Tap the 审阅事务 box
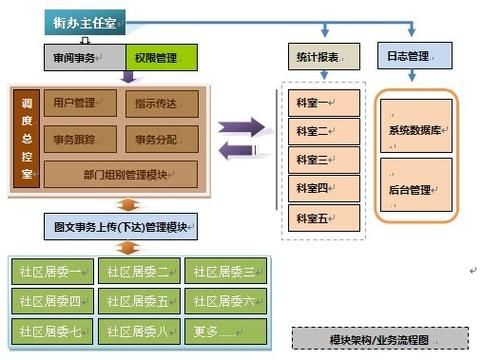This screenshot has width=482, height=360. (x=84, y=58)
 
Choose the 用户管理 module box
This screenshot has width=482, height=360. (x=81, y=103)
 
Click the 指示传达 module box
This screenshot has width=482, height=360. (x=162, y=103)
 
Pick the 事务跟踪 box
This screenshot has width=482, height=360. (x=81, y=138)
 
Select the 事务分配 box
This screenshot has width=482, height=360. (x=162, y=138)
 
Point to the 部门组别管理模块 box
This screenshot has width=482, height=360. (x=122, y=173)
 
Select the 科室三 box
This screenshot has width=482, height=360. (x=318, y=159)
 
